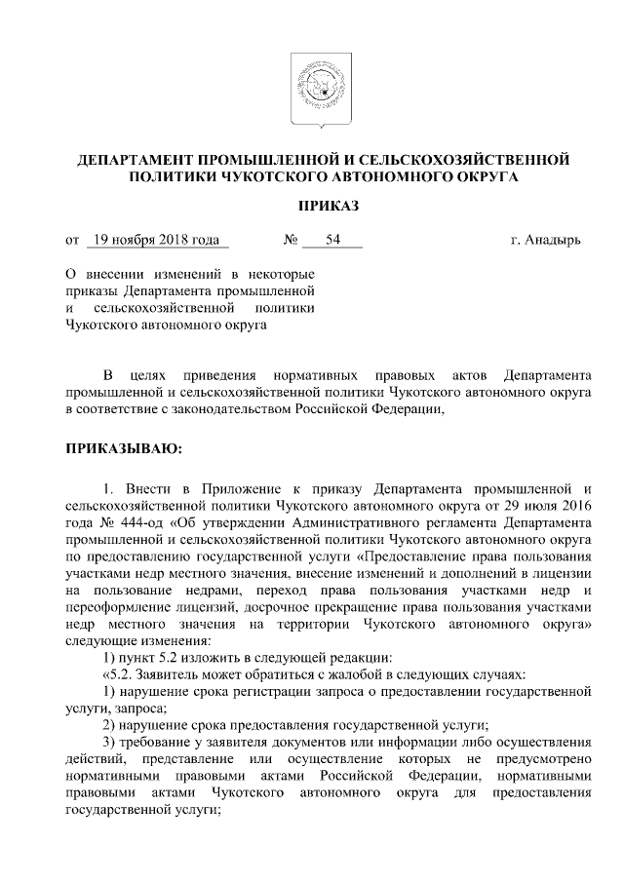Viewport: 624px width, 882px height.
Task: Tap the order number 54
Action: click(332, 240)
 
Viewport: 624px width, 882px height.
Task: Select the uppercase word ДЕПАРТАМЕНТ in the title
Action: click(135, 158)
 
